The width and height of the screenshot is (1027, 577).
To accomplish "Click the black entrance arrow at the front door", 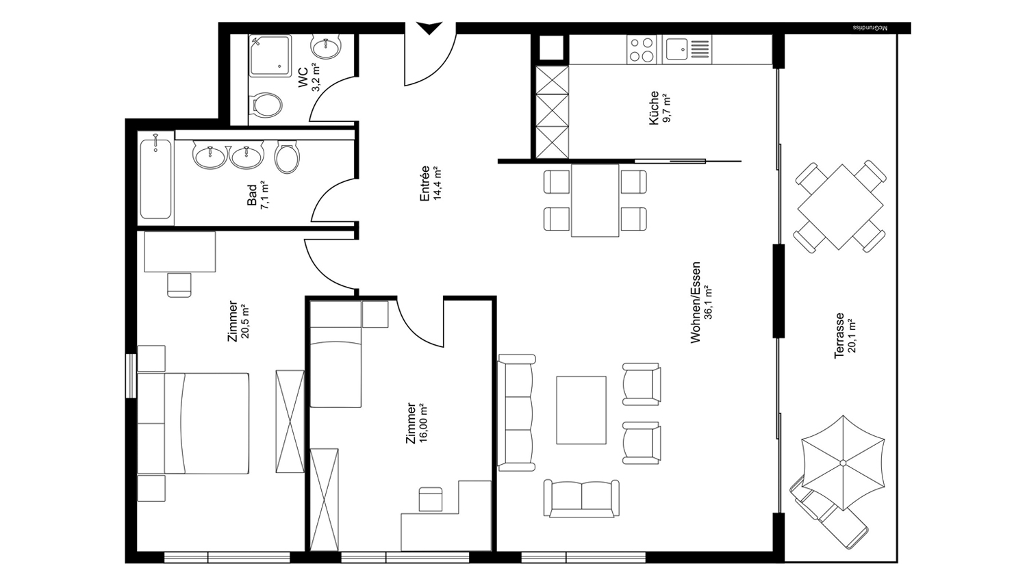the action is click(x=430, y=28).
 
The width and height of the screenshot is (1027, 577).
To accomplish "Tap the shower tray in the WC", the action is click(x=270, y=56).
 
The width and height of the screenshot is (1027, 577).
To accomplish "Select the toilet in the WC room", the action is click(x=266, y=105).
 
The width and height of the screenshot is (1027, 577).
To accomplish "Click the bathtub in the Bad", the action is click(x=156, y=179).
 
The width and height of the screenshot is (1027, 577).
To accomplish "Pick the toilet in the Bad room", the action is click(x=288, y=157).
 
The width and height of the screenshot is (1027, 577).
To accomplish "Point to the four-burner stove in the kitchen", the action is click(x=642, y=49).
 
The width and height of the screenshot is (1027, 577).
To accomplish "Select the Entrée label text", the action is click(x=424, y=183).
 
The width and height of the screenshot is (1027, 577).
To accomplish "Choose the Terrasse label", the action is click(x=839, y=335).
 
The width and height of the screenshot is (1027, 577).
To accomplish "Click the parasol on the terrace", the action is click(x=843, y=463).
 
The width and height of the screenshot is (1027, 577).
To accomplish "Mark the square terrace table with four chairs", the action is click(x=840, y=207).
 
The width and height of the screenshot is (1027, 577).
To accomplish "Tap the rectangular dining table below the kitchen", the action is click(x=595, y=201).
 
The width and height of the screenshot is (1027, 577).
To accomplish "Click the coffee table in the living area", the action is click(x=581, y=410).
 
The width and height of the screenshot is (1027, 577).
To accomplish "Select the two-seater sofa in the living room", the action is click(x=581, y=499).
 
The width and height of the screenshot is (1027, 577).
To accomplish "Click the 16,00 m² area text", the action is click(x=422, y=422).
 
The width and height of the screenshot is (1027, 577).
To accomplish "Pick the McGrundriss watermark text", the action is click(x=870, y=28).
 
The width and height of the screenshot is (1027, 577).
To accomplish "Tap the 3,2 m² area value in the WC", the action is click(x=316, y=77).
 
